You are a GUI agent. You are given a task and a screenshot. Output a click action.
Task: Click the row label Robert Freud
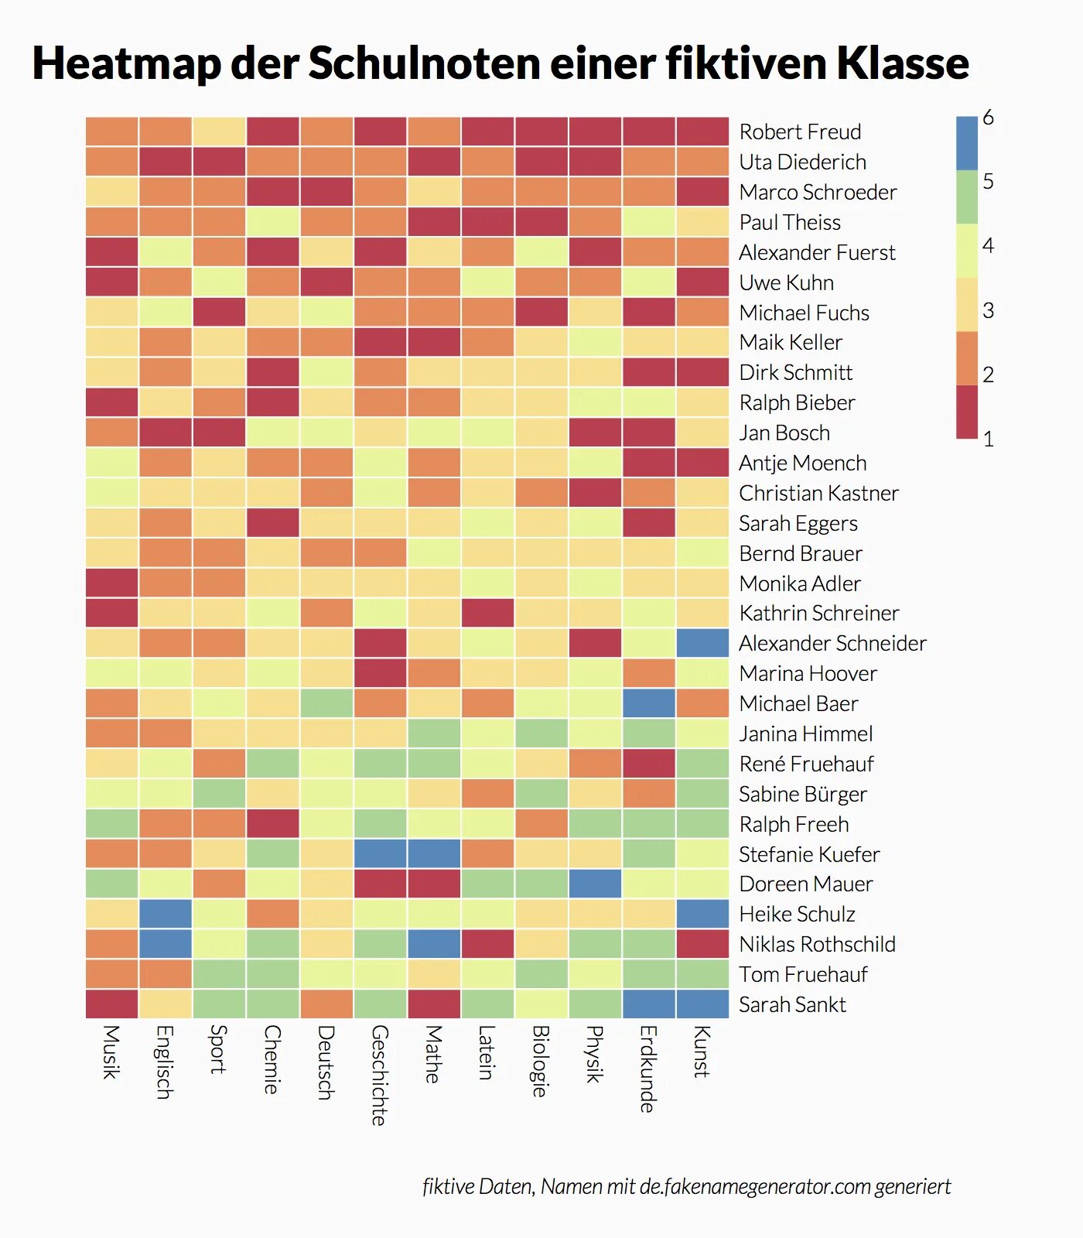tap(800, 132)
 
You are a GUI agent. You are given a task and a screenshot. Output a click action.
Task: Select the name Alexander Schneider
tap(832, 643)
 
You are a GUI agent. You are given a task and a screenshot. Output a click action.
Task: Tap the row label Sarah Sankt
tap(792, 1004)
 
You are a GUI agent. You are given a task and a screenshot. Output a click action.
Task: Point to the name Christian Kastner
tap(818, 493)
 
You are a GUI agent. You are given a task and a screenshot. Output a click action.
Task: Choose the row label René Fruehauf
tap(806, 764)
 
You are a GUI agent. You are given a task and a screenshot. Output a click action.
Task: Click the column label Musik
tap(111, 1052)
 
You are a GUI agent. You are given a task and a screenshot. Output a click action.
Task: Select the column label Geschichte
tap(379, 1075)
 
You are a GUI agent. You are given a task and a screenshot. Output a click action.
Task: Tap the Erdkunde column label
tap(648, 1069)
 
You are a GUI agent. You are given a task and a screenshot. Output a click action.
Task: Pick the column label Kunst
tap(702, 1052)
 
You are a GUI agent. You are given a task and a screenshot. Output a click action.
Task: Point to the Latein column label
tap(487, 1052)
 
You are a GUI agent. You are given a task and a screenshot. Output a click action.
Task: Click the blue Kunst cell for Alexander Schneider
tap(702, 643)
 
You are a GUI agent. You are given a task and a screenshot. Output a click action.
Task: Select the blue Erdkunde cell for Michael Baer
tap(649, 703)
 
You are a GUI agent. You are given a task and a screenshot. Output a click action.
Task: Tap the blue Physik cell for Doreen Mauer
tap(595, 884)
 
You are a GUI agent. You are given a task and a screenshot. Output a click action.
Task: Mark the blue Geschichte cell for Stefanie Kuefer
tap(380, 853)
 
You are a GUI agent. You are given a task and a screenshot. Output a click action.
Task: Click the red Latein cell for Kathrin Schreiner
tap(487, 613)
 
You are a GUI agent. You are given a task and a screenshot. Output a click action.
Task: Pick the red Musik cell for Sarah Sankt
tap(111, 1004)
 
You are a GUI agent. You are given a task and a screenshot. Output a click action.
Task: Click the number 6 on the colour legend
tap(988, 118)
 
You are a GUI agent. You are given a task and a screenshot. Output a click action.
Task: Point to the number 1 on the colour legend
tap(988, 439)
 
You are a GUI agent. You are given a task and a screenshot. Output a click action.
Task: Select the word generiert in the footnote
tap(913, 1186)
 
